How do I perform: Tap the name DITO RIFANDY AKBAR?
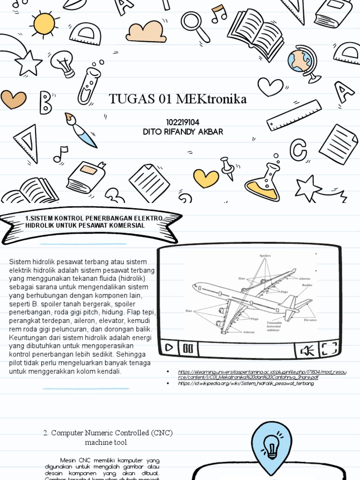182,132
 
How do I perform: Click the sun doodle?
44,23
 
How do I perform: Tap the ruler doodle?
294,115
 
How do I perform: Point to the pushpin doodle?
228,168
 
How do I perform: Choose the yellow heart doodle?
206,178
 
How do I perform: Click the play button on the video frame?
169,348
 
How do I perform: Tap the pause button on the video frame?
188,348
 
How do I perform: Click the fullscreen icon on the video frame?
329,349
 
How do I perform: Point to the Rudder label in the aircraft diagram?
307,285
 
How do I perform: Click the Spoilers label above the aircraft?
265,256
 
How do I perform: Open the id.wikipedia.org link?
246,383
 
